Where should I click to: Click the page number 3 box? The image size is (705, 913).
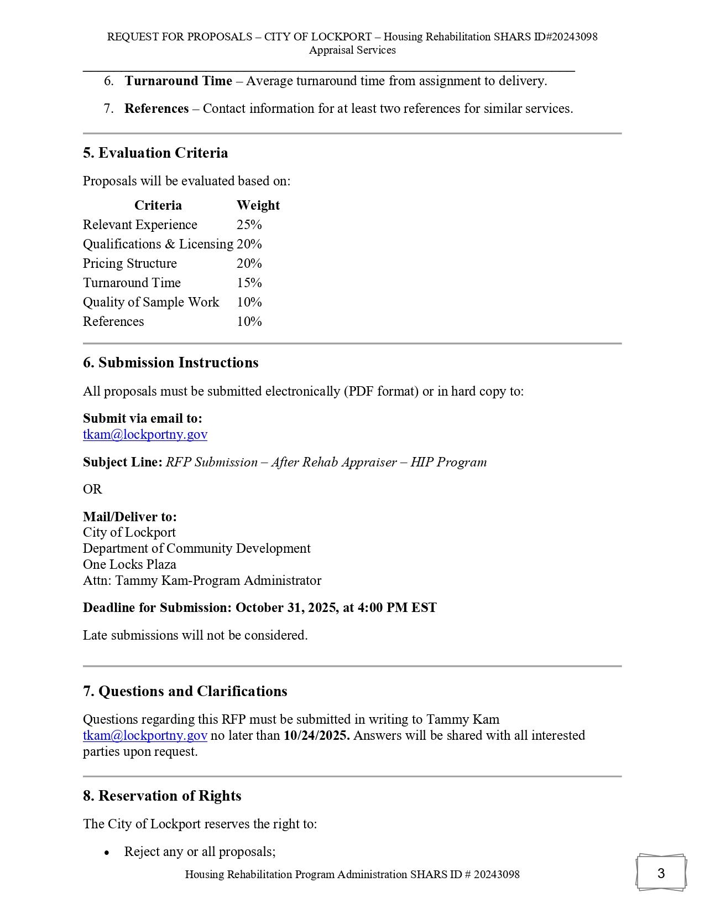(x=661, y=873)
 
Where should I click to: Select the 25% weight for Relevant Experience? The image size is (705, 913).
(x=249, y=225)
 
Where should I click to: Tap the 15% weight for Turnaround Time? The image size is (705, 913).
(x=249, y=283)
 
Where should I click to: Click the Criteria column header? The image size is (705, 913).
(x=158, y=205)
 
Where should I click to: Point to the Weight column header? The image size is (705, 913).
(x=258, y=205)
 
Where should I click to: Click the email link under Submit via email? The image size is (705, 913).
(x=145, y=434)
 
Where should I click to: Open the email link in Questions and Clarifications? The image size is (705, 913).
(x=145, y=735)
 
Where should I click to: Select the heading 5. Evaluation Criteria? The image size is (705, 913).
(x=155, y=153)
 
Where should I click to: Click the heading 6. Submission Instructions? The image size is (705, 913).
(x=170, y=362)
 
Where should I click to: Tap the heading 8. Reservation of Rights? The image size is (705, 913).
(x=162, y=796)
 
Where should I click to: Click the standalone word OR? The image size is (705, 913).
(x=92, y=489)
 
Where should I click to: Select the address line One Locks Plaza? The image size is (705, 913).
(x=129, y=564)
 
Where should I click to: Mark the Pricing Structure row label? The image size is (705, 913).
(x=130, y=263)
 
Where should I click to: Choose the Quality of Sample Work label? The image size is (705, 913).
(x=151, y=302)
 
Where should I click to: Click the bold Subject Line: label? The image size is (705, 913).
(x=123, y=462)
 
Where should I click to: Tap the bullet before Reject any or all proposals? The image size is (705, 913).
(x=107, y=852)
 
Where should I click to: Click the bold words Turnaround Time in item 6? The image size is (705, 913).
(x=178, y=81)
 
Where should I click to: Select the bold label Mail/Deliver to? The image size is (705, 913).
(x=130, y=517)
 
